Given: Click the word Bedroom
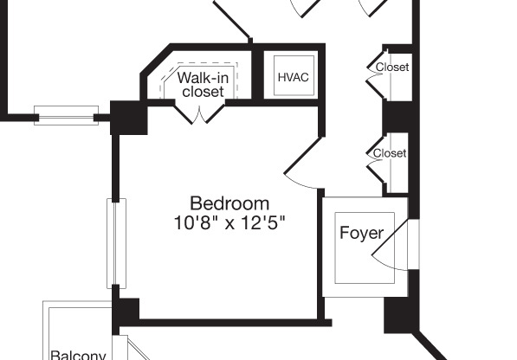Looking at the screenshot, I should click(x=229, y=204).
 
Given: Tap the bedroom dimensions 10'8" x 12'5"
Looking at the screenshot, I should click(x=229, y=222).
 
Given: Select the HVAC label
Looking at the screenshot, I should click(x=293, y=77).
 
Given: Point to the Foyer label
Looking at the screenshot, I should click(x=361, y=233).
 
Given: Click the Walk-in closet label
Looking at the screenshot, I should click(x=203, y=85).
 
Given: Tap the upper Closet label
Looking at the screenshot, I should click(x=392, y=67).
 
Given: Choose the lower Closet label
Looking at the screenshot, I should click(x=390, y=153).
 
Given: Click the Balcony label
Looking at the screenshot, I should click(x=78, y=354).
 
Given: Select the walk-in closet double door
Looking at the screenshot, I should click(x=202, y=113).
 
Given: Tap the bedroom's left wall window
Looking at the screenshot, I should click(x=116, y=242).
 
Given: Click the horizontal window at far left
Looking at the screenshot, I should click(x=66, y=114).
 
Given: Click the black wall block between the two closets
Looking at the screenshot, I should click(x=397, y=116).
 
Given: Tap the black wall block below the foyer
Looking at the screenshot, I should click(x=397, y=313).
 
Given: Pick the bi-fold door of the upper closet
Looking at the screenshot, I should click(x=374, y=68).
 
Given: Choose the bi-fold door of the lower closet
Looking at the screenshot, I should click(x=374, y=156).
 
